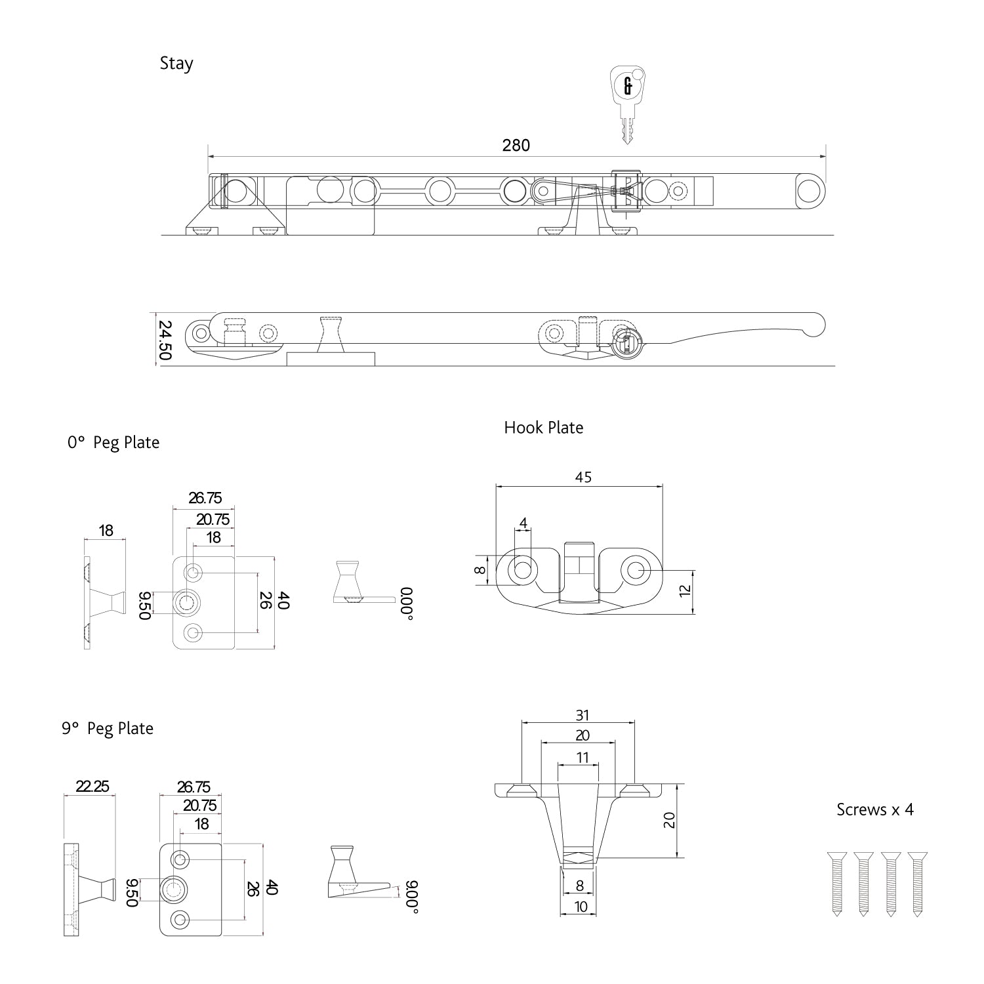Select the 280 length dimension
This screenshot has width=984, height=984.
(x=516, y=145)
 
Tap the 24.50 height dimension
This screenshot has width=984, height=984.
(x=164, y=340)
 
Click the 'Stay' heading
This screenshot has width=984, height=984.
(x=176, y=64)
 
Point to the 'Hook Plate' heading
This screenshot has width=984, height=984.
(x=543, y=428)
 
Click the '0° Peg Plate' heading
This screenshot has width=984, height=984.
(x=113, y=443)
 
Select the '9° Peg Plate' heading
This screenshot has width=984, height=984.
(x=108, y=729)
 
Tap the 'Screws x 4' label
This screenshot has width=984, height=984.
(x=874, y=810)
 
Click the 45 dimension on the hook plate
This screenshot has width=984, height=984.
(x=583, y=477)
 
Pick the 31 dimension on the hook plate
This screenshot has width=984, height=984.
(x=582, y=715)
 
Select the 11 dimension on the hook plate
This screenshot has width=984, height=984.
(x=582, y=758)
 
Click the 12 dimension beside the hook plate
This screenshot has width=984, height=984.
(x=686, y=590)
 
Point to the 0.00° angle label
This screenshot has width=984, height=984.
(x=407, y=604)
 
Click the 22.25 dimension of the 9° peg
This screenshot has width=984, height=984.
(x=92, y=786)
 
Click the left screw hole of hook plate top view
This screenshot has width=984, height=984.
(x=523, y=569)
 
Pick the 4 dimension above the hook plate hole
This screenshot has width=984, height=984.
(x=523, y=523)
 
